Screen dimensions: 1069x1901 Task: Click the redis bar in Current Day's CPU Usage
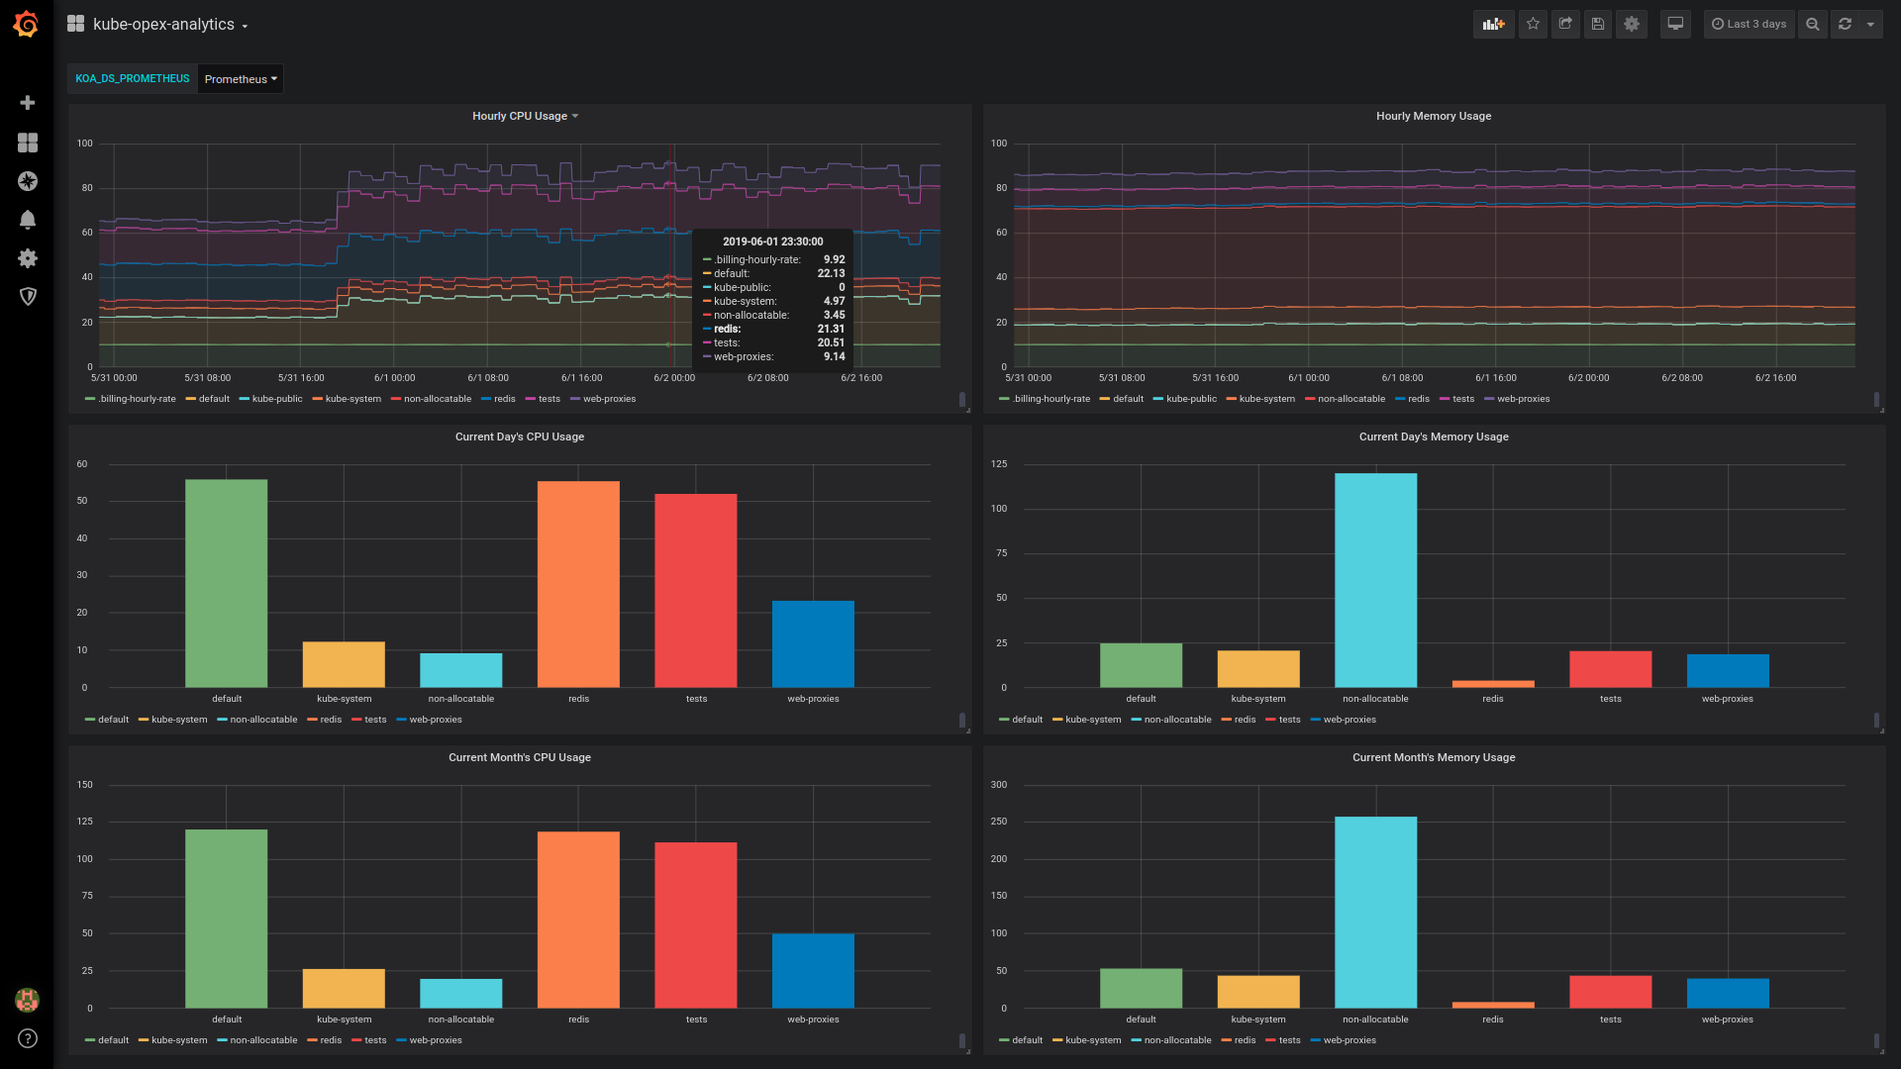tap(578, 584)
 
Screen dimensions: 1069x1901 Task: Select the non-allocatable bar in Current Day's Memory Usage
tap(1375, 580)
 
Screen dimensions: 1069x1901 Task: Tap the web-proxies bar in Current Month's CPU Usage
tap(813, 970)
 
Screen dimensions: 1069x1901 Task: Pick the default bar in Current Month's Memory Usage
tap(1141, 988)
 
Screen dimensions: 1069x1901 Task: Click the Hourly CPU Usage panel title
tap(520, 116)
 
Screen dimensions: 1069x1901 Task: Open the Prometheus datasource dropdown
tap(241, 79)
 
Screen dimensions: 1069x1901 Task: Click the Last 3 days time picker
tap(1750, 24)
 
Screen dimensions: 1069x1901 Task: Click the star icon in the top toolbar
tap(1533, 24)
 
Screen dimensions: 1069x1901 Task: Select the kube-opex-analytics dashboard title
tap(163, 24)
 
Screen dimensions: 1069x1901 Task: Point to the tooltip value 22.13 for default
tap(831, 273)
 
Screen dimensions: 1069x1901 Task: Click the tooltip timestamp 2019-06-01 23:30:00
tap(772, 242)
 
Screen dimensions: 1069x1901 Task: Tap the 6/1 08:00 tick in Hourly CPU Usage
tap(488, 378)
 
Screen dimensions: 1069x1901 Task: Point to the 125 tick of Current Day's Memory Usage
tap(999, 464)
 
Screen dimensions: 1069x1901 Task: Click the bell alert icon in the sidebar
tap(28, 220)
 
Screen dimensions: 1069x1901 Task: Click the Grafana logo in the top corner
tap(27, 24)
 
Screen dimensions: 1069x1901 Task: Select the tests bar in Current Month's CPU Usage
tap(696, 924)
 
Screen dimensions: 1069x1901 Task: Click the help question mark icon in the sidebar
tap(28, 1038)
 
